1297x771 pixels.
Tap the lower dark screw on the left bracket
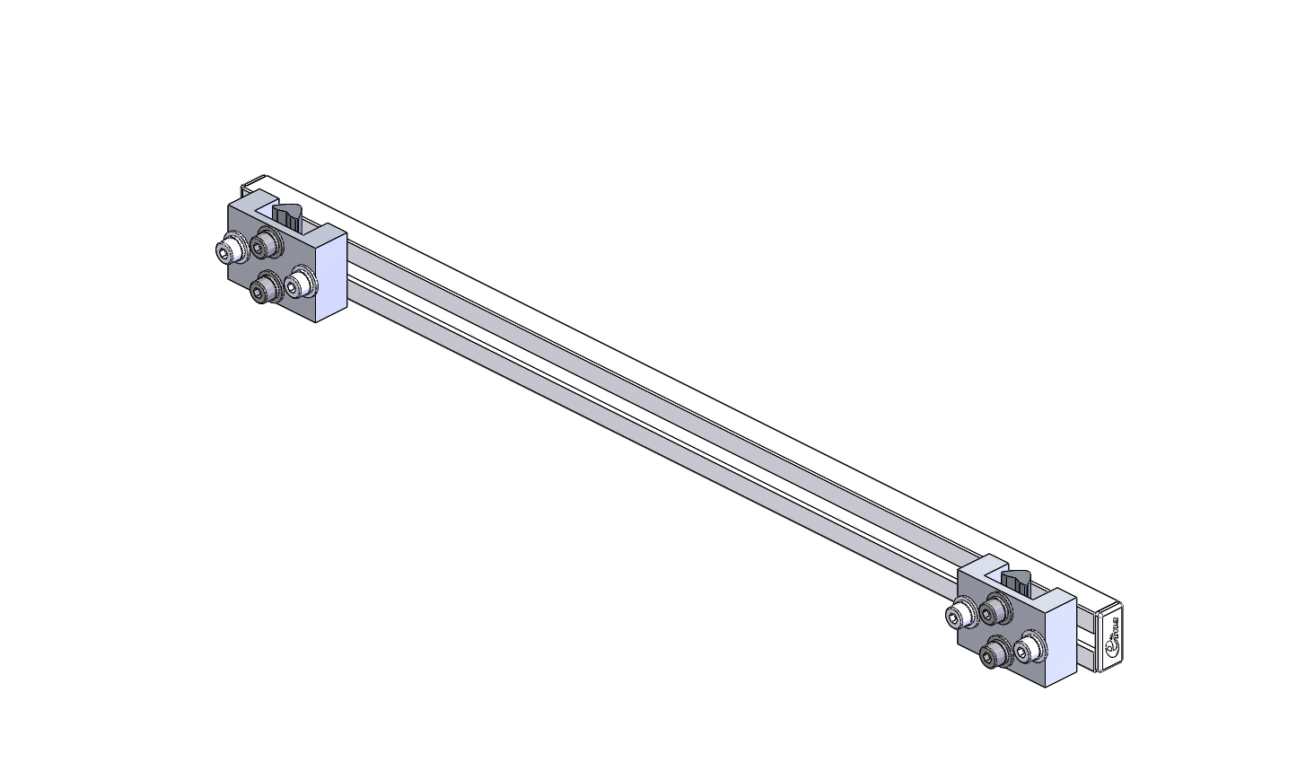[263, 289]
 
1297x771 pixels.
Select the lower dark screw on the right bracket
[993, 659]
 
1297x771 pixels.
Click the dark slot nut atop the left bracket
[288, 215]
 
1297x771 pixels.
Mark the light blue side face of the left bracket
[331, 275]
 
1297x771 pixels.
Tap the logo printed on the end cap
[1114, 638]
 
